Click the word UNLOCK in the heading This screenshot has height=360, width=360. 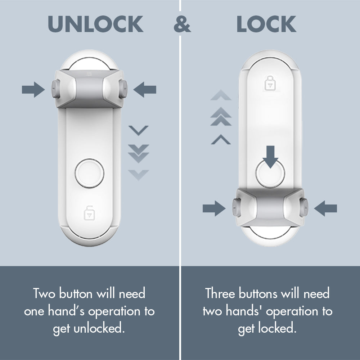(95, 24)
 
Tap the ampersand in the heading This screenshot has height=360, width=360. (182, 24)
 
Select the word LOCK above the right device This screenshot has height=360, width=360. (266, 24)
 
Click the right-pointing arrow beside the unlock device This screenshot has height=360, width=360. (33, 89)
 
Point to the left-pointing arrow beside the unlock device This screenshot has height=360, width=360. (145, 89)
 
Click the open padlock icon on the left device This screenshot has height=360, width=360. (88, 213)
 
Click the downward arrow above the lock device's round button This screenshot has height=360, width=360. (270, 156)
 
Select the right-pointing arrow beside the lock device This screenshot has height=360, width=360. (214, 208)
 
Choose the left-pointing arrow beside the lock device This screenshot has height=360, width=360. (325, 208)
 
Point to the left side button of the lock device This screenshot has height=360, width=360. (236, 208)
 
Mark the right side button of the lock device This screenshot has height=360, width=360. (305, 208)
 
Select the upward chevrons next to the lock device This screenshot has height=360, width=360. (221, 117)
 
